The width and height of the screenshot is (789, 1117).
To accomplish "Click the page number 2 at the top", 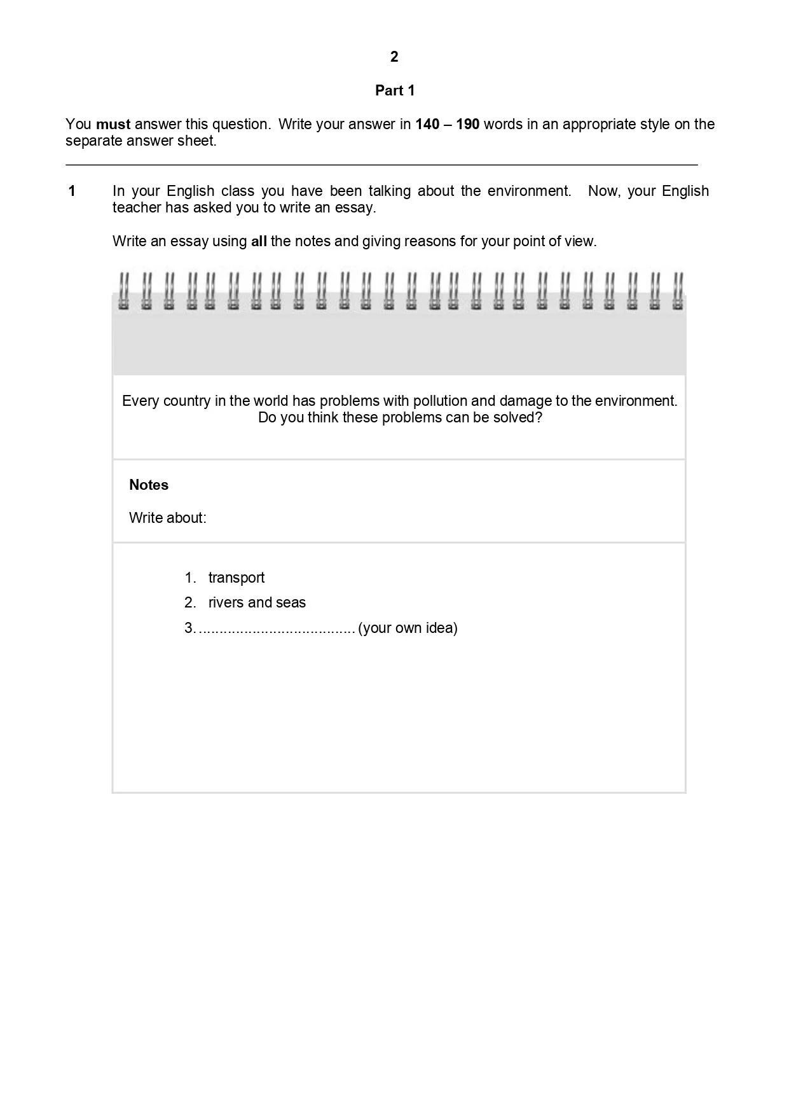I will point(394,57).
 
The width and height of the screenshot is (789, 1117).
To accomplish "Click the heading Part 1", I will point(395,90).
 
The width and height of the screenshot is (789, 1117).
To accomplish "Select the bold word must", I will point(113,124).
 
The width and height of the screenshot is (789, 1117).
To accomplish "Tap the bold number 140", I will point(427,124).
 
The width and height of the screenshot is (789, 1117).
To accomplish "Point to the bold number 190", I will point(467,124).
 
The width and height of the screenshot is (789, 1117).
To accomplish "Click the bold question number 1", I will point(72,191).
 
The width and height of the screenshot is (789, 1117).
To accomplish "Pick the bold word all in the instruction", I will point(259,241).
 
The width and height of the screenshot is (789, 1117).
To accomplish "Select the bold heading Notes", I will point(149,485).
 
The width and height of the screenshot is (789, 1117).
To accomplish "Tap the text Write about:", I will point(168,518).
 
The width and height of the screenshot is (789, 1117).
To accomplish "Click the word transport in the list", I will point(237,578).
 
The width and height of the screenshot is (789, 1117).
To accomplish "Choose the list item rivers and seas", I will point(257,602).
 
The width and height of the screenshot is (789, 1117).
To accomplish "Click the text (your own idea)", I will point(408,628).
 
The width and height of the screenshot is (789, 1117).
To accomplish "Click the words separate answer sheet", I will point(141,141).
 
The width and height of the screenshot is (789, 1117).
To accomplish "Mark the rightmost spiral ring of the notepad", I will point(678,291).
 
